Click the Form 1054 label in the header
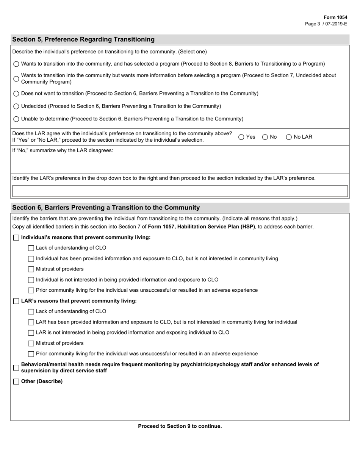[335, 17]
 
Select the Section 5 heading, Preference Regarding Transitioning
[83, 39]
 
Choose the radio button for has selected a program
[16, 64]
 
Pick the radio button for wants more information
[16, 79]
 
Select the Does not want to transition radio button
[16, 94]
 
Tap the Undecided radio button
[16, 106]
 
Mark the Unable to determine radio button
[16, 119]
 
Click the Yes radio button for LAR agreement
[241, 137]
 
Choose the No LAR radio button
[289, 137]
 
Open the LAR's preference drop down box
[180, 191]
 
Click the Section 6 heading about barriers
[106, 208]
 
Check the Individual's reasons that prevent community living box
[16, 238]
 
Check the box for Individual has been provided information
[31, 259]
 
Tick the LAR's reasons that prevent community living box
[16, 301]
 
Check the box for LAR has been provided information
[31, 322]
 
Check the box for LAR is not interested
[31, 333]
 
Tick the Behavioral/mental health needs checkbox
[16, 367]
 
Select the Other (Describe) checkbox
[16, 382]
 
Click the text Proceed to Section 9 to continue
[180, 426]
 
